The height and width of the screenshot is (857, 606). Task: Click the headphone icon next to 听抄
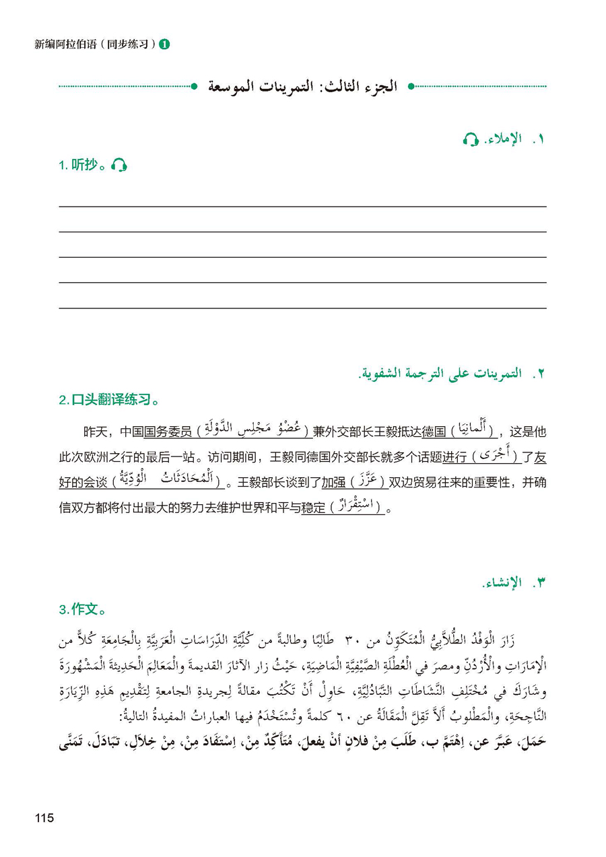(x=119, y=165)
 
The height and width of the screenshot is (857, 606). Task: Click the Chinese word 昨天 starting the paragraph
(x=94, y=432)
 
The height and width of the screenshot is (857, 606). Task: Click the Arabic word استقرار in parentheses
(x=357, y=506)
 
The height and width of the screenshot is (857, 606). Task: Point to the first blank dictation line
(x=302, y=205)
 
